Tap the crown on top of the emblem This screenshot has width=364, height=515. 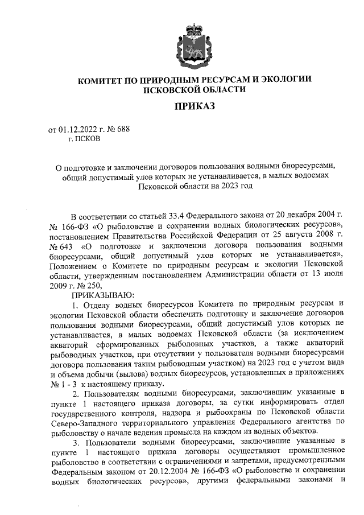pos(196,29)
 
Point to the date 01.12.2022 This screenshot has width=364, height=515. pos(78,129)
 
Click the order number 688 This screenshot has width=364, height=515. pos(123,129)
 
